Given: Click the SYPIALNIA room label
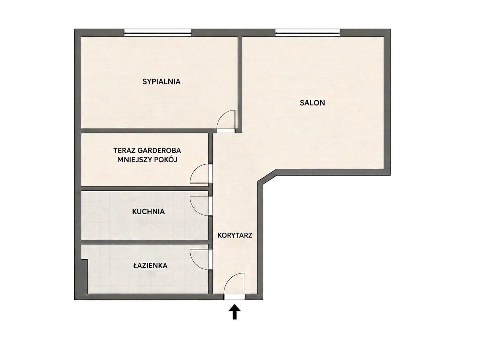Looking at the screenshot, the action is pyautogui.click(x=161, y=82).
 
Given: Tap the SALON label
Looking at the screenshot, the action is pyautogui.click(x=312, y=103).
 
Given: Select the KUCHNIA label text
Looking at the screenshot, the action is pyautogui.click(x=149, y=211).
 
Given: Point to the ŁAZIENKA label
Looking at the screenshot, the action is pyautogui.click(x=150, y=266).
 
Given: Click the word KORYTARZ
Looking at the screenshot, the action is pyautogui.click(x=235, y=235).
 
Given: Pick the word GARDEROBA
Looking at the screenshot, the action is pyautogui.click(x=159, y=151).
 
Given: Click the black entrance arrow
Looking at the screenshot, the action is pyautogui.click(x=235, y=312).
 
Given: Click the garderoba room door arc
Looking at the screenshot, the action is pyautogui.click(x=195, y=169).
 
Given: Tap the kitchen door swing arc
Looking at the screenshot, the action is pyautogui.click(x=195, y=211).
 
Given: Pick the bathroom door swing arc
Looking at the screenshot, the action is pyautogui.click(x=195, y=264).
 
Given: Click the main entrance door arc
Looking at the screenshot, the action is pyautogui.click(x=230, y=278).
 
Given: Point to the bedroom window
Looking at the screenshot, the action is pyautogui.click(x=157, y=32).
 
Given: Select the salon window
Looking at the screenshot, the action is pyautogui.click(x=307, y=32).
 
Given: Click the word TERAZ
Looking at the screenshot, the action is pyautogui.click(x=124, y=151).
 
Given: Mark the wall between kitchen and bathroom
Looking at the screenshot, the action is pyautogui.click(x=145, y=242).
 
